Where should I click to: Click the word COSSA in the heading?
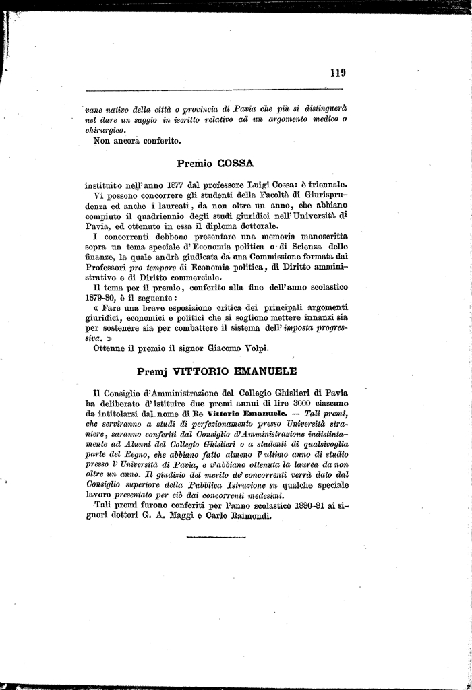[x=236, y=163]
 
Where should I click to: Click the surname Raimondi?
[x=245, y=517]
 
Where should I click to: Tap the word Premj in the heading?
[x=152, y=371]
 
